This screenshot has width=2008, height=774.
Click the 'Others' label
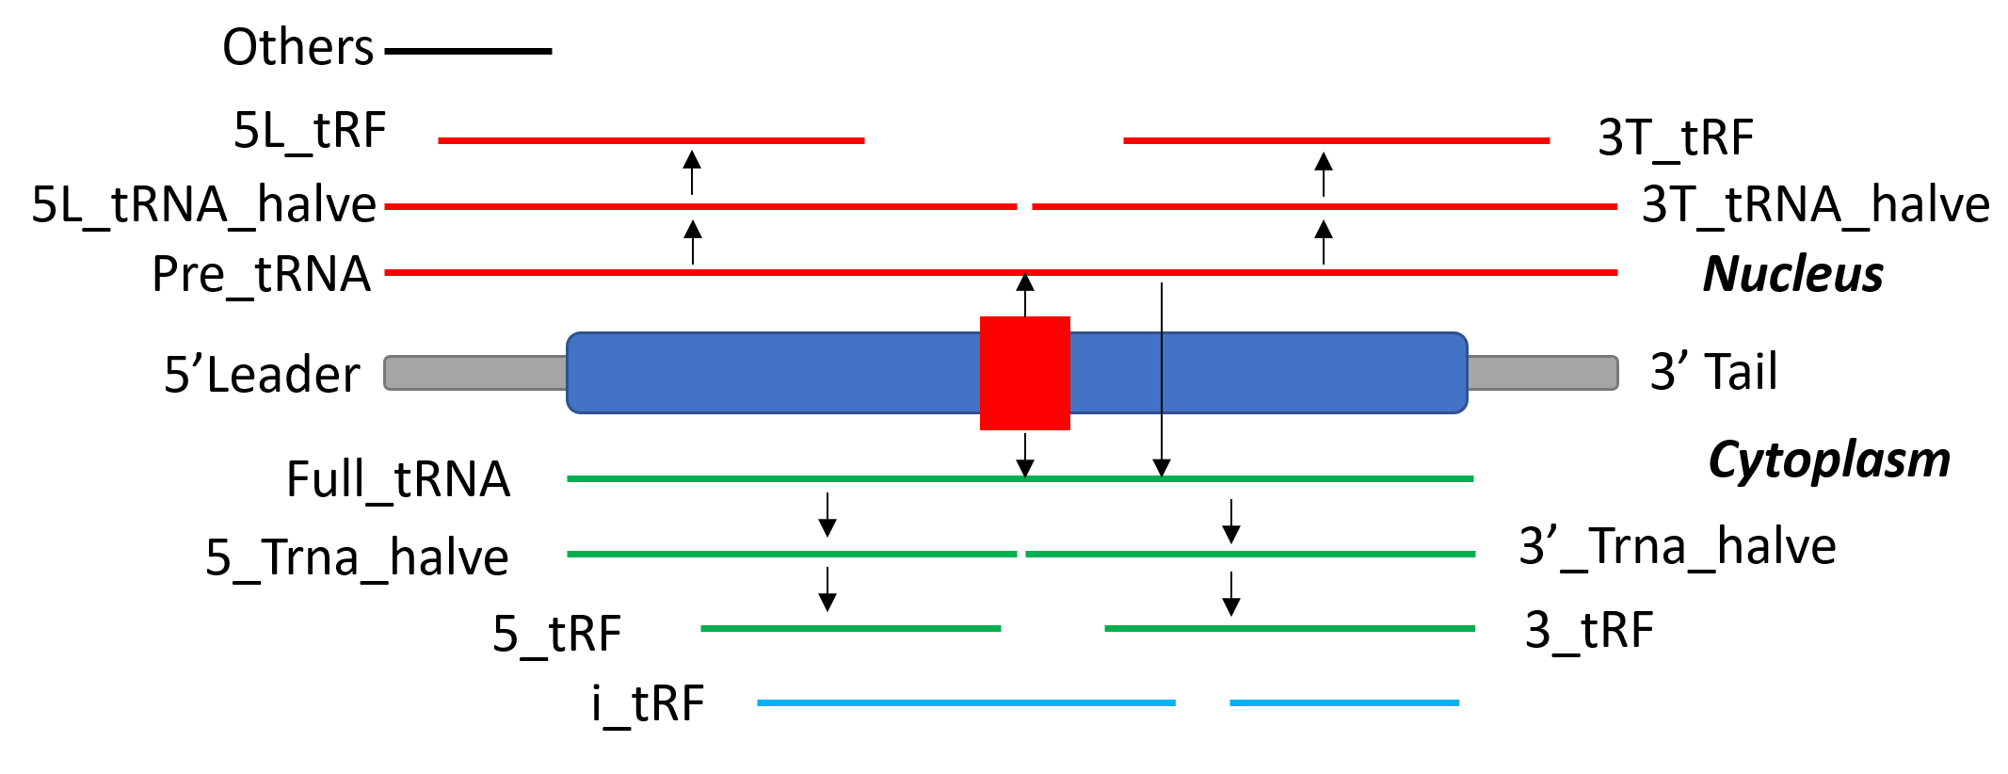pos(297,47)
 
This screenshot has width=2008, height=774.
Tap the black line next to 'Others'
pos(468,51)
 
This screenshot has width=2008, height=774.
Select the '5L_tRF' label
pos(310,130)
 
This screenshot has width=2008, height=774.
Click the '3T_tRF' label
pos(1676,137)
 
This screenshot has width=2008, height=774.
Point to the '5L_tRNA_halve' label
pos(203,204)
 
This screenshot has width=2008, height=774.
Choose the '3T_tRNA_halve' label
pos(1815,204)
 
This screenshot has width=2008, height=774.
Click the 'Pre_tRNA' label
pos(261,274)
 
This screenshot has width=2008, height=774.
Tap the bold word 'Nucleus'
pos(1792,274)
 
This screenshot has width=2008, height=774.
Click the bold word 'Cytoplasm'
pos(1828,460)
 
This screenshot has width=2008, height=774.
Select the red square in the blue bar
pos(1024,373)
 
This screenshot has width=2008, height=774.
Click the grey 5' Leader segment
pos(475,373)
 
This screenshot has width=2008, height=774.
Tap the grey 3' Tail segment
pos(1542,373)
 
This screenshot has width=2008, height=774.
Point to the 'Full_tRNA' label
pos(397,479)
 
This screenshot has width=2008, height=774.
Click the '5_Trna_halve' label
pos(357,556)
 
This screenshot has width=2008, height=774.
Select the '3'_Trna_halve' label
pos(1677,546)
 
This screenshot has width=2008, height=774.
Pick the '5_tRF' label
pos(556,633)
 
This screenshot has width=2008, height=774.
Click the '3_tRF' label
pos(1588,629)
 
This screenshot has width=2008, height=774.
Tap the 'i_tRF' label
pos(648,703)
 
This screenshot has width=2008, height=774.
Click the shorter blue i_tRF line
pos(1343,702)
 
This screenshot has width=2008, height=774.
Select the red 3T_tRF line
pos(1335,140)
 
